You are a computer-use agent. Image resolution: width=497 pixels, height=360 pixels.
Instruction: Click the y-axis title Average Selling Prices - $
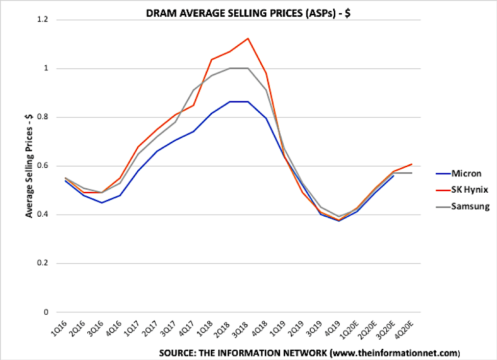[x=29, y=166]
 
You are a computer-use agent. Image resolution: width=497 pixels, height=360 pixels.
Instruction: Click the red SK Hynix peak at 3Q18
[x=247, y=38]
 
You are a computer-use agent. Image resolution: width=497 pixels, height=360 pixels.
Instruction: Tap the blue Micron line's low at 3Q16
[x=101, y=203]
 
